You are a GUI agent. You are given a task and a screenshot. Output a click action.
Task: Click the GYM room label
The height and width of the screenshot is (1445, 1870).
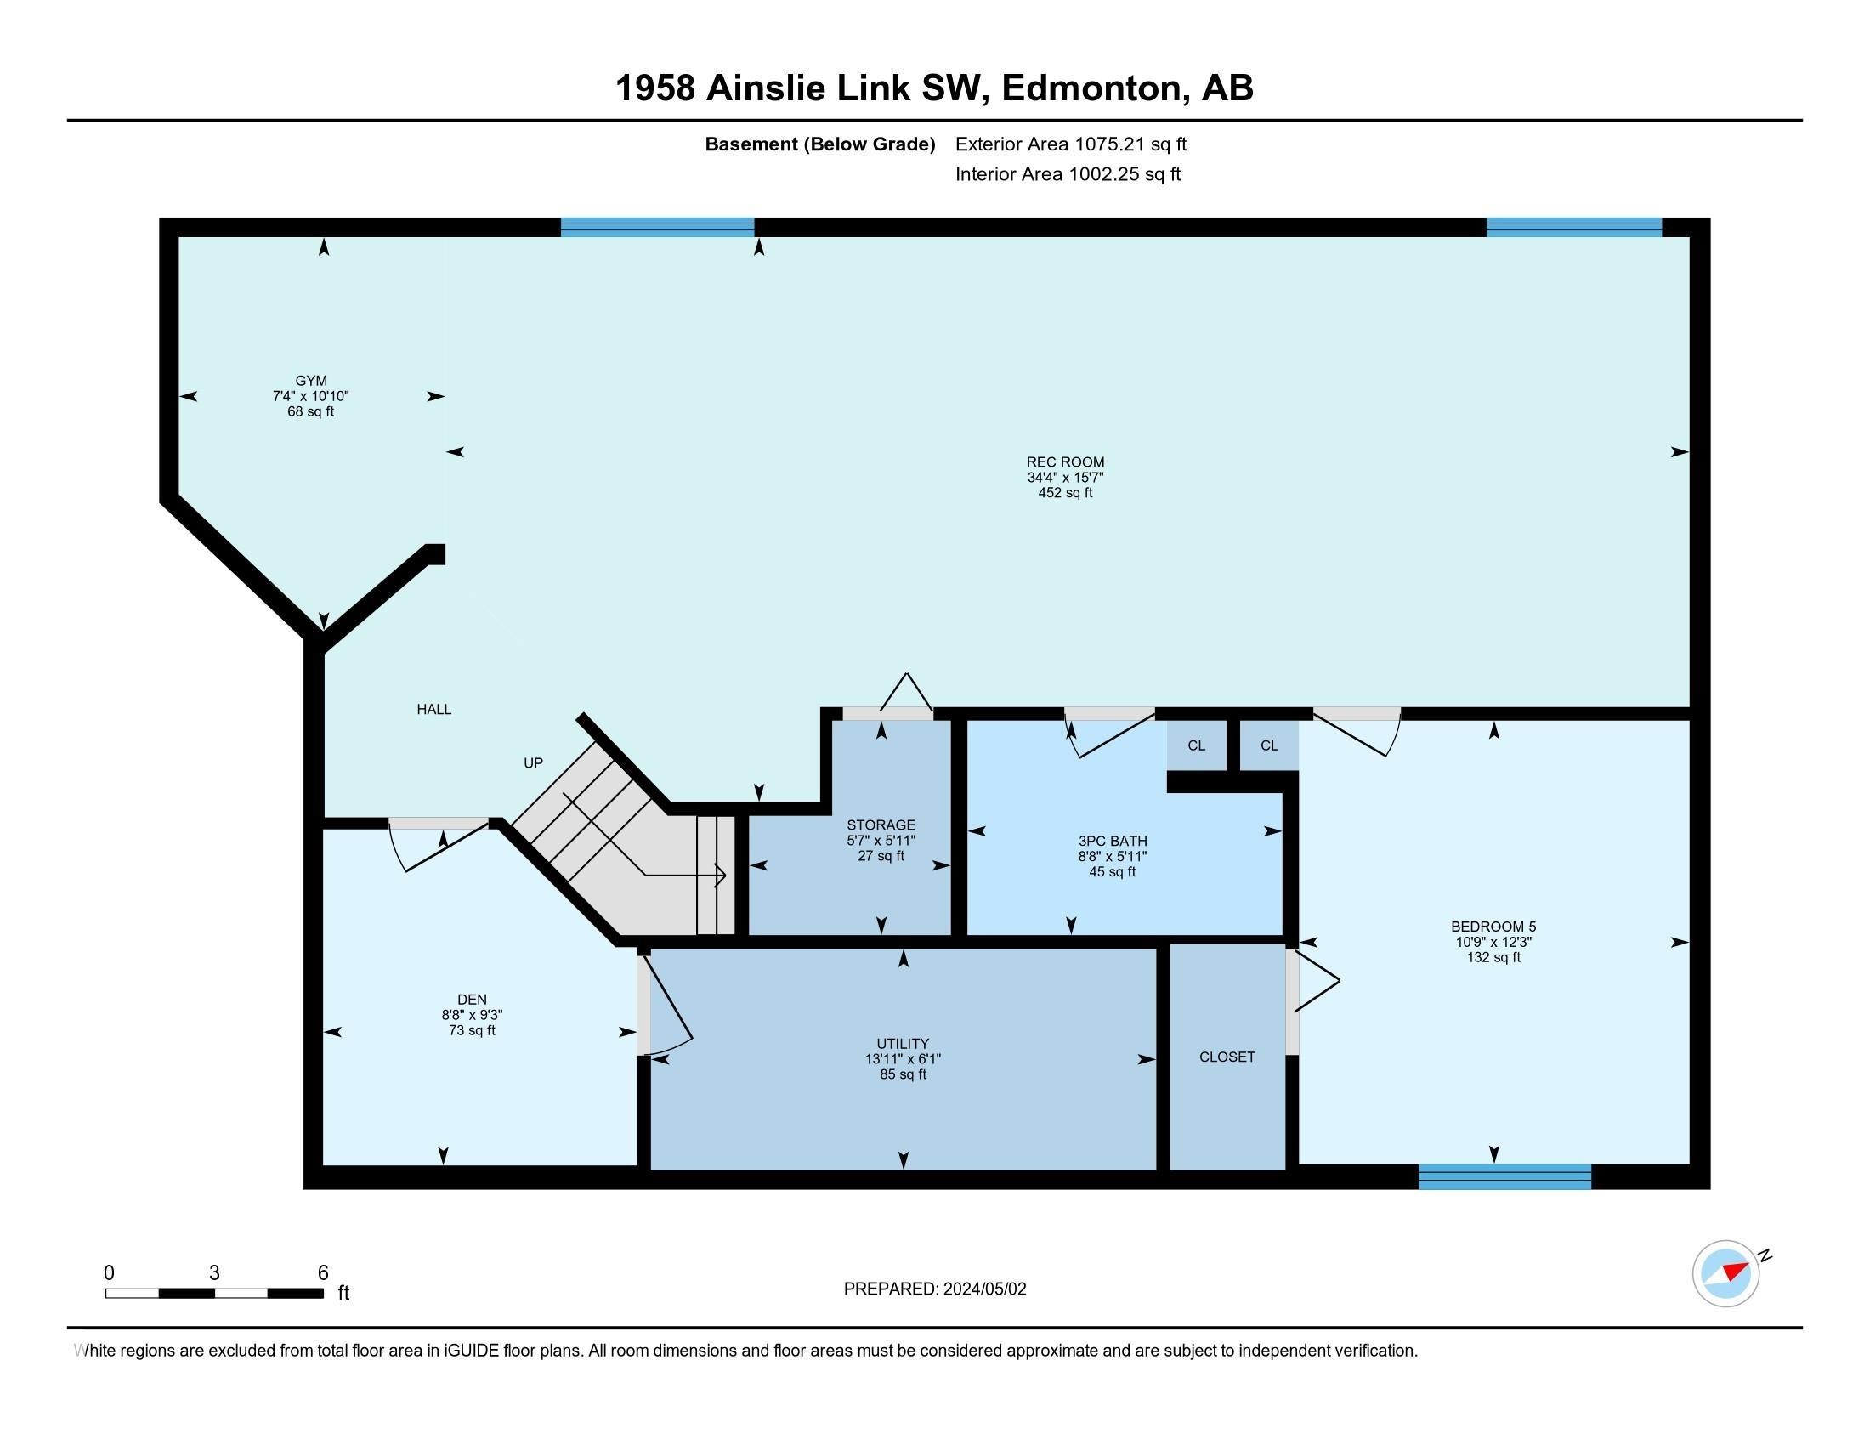coord(311,381)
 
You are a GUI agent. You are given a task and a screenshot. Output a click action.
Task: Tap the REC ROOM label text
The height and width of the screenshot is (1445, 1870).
coord(1065,462)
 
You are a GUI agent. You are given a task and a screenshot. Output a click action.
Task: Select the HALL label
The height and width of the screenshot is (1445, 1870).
coord(434,709)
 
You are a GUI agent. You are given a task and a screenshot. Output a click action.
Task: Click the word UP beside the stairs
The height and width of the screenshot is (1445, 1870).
coord(533,762)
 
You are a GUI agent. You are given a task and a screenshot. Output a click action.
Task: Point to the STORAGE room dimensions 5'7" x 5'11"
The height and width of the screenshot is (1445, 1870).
coord(881,841)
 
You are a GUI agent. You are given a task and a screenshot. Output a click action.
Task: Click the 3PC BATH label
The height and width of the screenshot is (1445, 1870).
coord(1113,841)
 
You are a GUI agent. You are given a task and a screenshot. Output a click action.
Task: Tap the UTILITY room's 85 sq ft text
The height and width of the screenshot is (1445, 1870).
coord(903,1074)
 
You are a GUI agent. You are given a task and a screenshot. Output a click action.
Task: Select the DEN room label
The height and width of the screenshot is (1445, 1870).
coord(472,999)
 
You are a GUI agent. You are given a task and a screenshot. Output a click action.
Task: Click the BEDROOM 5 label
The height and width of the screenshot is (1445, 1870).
coord(1493,926)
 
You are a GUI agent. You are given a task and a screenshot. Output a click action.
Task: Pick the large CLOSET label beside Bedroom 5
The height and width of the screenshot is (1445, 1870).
coord(1227,1057)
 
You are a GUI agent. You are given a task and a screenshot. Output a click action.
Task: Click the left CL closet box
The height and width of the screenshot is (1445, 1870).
coord(1196,745)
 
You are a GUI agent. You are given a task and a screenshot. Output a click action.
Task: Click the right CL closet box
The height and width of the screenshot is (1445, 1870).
coord(1269,745)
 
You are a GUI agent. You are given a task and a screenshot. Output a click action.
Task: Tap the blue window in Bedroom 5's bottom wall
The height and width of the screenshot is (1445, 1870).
coord(1504,1176)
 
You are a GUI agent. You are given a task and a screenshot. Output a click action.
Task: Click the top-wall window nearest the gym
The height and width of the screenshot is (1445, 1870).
coord(657,227)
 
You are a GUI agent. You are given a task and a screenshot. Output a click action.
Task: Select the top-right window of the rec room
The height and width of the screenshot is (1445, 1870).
coord(1573,227)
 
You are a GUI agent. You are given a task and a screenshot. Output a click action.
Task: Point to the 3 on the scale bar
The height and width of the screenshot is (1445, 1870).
coord(214,1273)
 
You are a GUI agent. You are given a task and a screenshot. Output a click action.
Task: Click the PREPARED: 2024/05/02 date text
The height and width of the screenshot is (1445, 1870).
coord(934,1289)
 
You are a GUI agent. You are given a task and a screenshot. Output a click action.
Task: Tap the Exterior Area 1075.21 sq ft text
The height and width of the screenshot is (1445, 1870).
coord(1070,144)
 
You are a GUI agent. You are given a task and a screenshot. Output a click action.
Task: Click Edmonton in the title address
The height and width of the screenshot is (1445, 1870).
coord(1092,88)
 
